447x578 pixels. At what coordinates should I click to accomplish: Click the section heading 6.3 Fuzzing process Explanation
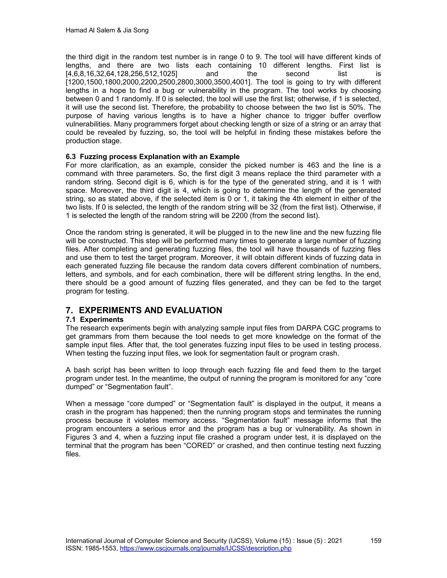point(153,157)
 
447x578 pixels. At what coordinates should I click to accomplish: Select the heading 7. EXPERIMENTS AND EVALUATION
point(144,310)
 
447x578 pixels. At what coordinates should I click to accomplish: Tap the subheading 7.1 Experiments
point(95,320)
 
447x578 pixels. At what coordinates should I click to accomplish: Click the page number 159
point(375,541)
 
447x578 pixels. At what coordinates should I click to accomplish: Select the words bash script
point(88,370)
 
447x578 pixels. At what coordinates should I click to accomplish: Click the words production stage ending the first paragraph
point(93,141)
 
